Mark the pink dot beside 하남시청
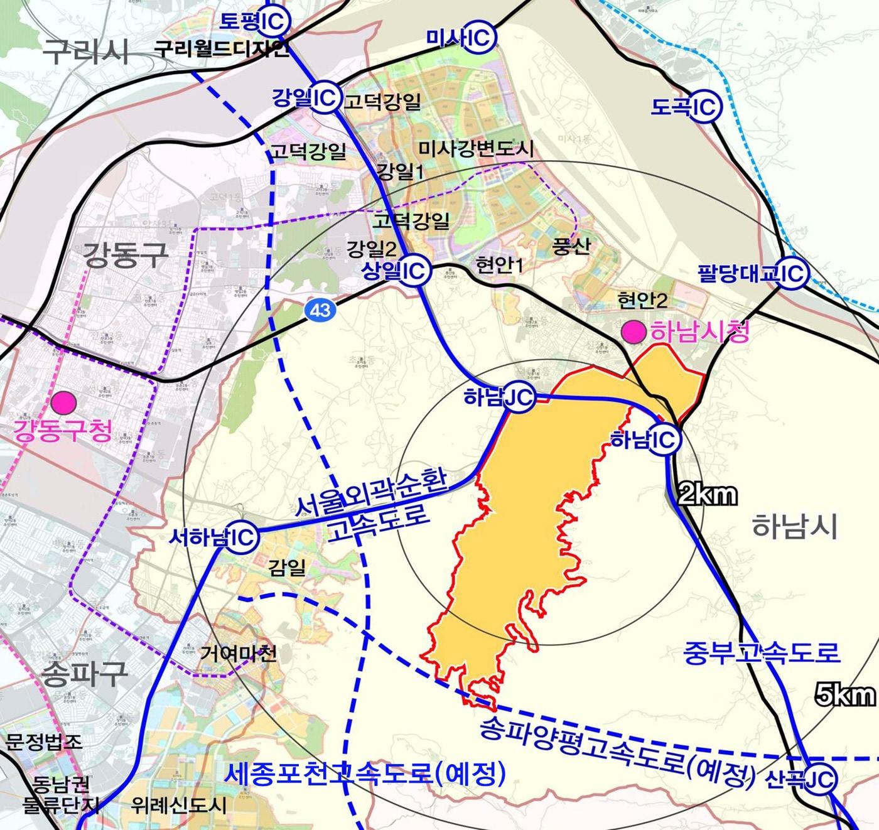pyautogui.click(x=634, y=332)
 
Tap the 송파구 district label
pyautogui.click(x=84, y=674)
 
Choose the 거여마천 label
pyautogui.click(x=239, y=654)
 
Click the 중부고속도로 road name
pyautogui.click(x=761, y=652)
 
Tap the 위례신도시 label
pyautogui.click(x=179, y=806)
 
